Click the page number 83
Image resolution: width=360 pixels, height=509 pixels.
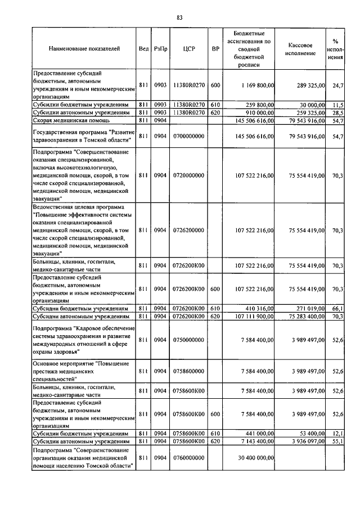click(x=179, y=17)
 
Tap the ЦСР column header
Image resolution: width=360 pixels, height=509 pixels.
click(x=188, y=49)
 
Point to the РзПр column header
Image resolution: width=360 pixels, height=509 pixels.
click(x=160, y=49)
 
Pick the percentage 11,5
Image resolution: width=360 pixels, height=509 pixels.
click(x=337, y=105)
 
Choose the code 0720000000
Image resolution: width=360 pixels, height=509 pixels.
click(x=188, y=175)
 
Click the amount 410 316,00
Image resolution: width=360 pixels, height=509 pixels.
click(x=259, y=309)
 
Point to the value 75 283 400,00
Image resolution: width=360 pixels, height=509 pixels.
click(x=307, y=317)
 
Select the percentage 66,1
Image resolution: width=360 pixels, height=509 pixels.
click(x=337, y=309)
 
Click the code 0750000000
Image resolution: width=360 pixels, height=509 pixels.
click(x=188, y=340)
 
